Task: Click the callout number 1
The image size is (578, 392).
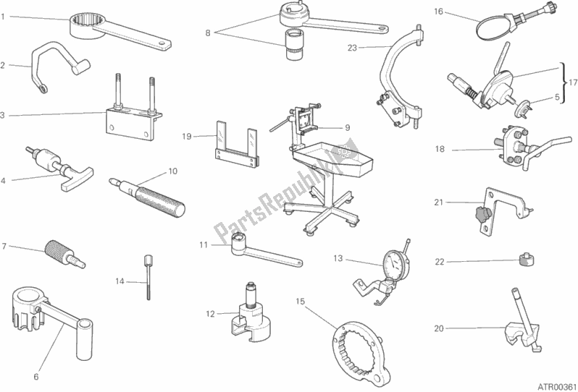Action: [x=4, y=16]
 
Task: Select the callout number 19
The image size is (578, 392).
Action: [x=185, y=136]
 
